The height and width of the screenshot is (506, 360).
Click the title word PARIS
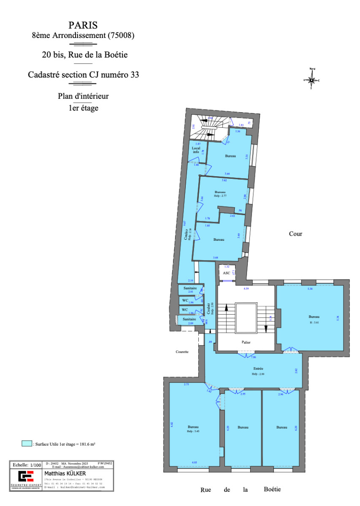83,26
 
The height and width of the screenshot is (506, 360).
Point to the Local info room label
196,150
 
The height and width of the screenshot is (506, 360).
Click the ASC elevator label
226,273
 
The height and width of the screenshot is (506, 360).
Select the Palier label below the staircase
246,342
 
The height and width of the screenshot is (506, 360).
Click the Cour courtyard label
295,234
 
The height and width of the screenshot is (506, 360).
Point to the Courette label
182,351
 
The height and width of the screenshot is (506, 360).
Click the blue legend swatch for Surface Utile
27,444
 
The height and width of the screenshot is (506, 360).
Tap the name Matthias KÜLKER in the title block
62,474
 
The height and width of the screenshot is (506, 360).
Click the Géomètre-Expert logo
25,478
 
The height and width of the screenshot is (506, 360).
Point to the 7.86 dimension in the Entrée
253,357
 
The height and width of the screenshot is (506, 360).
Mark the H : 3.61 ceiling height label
314,322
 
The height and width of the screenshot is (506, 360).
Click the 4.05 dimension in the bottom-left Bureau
194,463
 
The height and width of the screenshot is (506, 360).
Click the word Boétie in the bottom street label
272,490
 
